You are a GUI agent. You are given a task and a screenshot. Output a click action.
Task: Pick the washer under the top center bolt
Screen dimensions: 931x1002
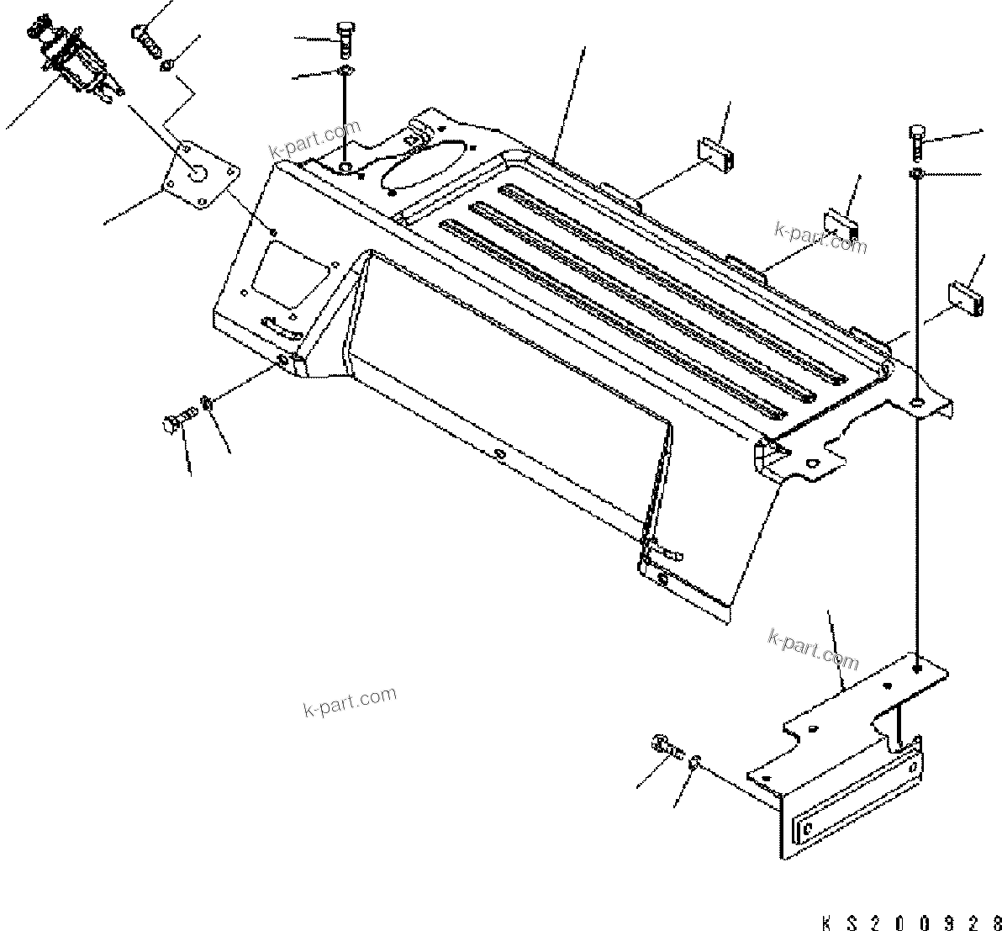point(346,70)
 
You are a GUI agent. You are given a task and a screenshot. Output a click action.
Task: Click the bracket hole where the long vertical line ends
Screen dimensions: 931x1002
point(918,666)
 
